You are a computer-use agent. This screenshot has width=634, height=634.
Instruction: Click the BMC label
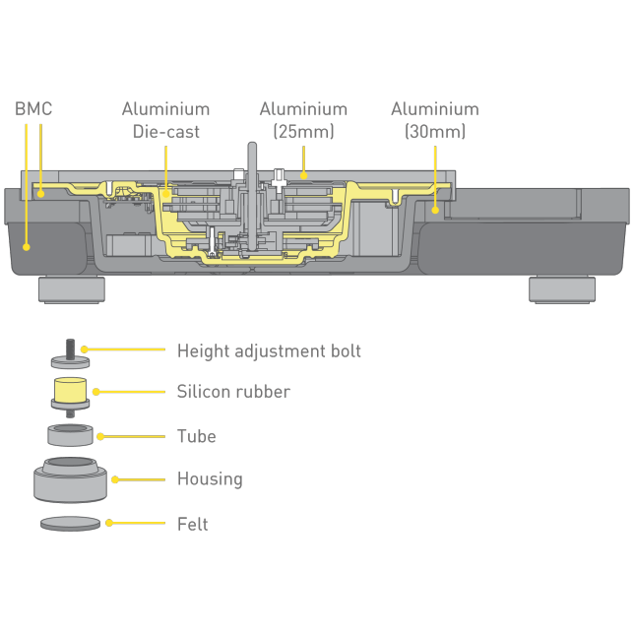(x=32, y=108)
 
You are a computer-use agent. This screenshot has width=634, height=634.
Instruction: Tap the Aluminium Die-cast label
(x=165, y=120)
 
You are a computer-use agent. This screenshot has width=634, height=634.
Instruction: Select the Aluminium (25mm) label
(x=303, y=120)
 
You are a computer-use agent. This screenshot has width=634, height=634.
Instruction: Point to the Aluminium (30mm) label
(x=434, y=120)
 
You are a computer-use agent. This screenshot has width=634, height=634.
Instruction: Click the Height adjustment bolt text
(x=269, y=350)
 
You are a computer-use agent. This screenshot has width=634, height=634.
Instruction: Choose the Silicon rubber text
(x=233, y=392)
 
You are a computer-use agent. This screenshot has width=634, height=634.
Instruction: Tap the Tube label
(x=196, y=436)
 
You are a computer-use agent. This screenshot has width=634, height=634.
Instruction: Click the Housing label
(x=209, y=479)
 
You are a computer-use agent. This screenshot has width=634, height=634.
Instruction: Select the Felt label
(x=192, y=524)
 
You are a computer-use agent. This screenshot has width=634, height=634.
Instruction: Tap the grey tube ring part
(x=70, y=434)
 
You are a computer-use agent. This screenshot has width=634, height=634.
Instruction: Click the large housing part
(x=70, y=479)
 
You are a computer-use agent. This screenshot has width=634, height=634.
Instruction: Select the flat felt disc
(x=70, y=524)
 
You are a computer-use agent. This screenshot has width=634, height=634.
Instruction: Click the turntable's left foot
(x=71, y=289)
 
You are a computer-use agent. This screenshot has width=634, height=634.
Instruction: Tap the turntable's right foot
(x=561, y=289)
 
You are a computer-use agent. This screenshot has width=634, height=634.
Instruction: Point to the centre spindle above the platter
(x=251, y=158)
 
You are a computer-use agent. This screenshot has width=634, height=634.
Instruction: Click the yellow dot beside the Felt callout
(x=109, y=523)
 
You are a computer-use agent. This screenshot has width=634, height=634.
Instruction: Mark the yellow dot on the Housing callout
(x=115, y=479)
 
